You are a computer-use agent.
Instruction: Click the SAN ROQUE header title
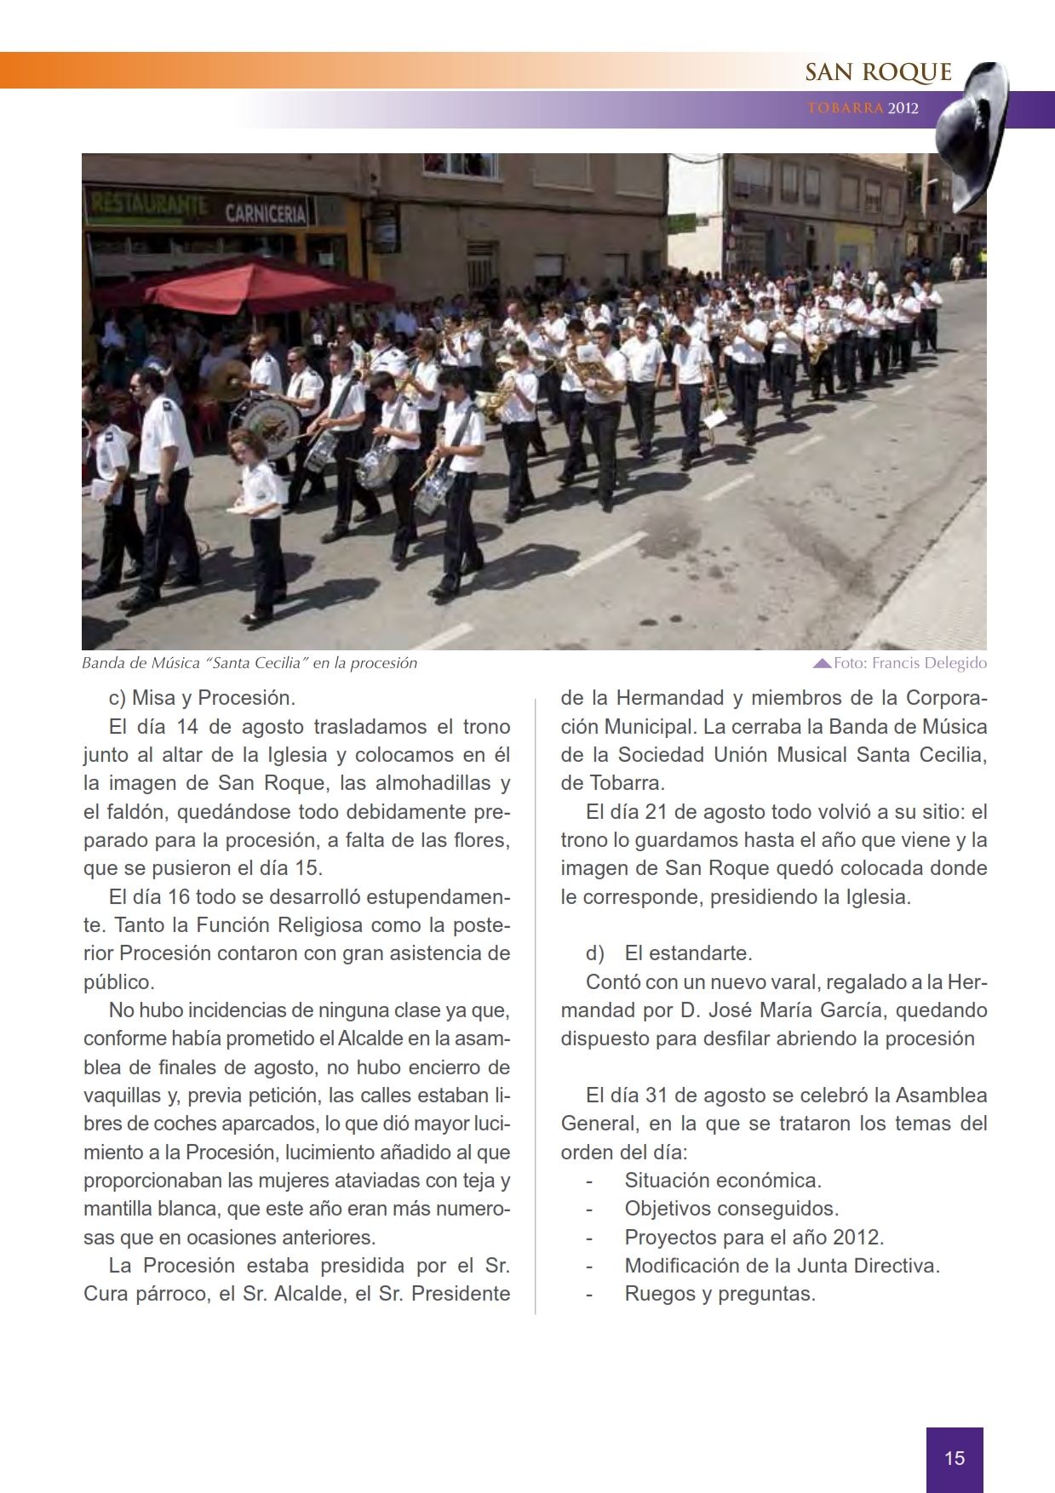[x=878, y=73]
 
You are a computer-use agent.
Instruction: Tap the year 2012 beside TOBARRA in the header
[x=903, y=109]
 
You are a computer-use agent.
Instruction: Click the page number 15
[x=955, y=1458]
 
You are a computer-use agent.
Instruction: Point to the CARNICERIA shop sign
[x=265, y=213]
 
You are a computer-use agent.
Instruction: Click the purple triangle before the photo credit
[x=822, y=663]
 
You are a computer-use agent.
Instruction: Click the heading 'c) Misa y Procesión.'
[x=202, y=698]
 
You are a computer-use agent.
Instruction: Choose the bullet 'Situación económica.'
[x=723, y=1181]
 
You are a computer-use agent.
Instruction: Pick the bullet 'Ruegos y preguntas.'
[x=720, y=1294]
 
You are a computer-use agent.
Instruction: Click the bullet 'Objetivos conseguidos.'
[x=731, y=1209]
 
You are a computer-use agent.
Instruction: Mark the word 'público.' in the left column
[x=119, y=981]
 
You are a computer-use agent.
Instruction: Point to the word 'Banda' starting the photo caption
[x=101, y=663]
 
